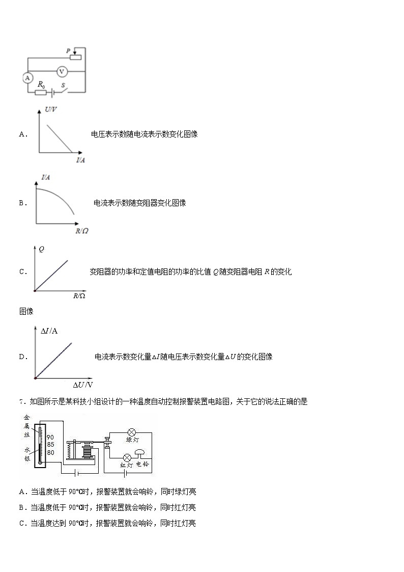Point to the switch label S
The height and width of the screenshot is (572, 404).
(63, 86)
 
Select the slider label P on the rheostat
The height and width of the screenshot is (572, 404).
(68, 51)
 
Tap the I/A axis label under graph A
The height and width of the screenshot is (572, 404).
(80, 160)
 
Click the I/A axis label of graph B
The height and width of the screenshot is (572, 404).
(46, 177)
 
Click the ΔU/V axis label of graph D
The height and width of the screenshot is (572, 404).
(82, 385)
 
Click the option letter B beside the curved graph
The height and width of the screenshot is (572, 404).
(22, 203)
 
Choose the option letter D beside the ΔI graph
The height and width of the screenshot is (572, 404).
(22, 357)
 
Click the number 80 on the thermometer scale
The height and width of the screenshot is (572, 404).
(50, 452)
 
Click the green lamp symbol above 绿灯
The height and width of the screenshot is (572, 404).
(131, 431)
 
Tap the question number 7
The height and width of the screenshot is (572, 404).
(22, 401)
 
